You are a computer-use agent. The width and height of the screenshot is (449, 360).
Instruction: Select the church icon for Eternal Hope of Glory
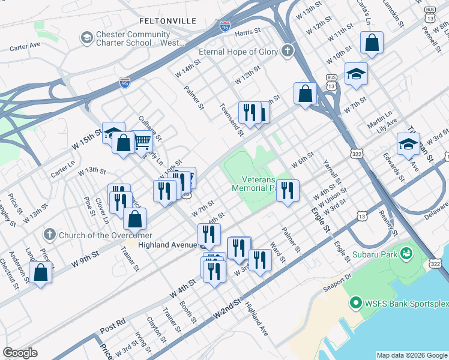[x=288, y=51]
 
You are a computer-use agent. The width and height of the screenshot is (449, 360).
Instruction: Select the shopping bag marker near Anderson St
[x=40, y=272]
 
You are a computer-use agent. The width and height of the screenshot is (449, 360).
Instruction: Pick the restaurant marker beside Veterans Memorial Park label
[x=288, y=191]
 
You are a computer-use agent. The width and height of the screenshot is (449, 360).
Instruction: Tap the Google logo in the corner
[x=20, y=353]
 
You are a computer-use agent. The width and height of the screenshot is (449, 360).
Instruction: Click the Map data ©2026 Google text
[x=411, y=355]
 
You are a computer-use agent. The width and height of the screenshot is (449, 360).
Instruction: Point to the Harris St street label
[x=250, y=34]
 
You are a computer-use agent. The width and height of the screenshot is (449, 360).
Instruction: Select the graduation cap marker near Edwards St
[x=408, y=144]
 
